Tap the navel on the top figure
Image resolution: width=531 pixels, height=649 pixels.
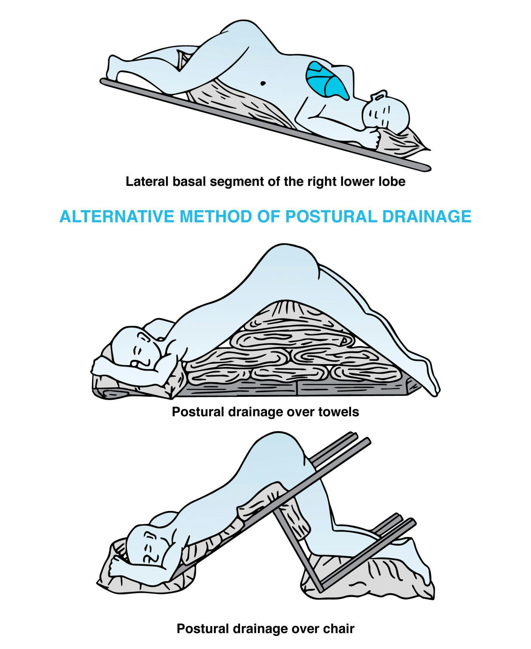[263, 83]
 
